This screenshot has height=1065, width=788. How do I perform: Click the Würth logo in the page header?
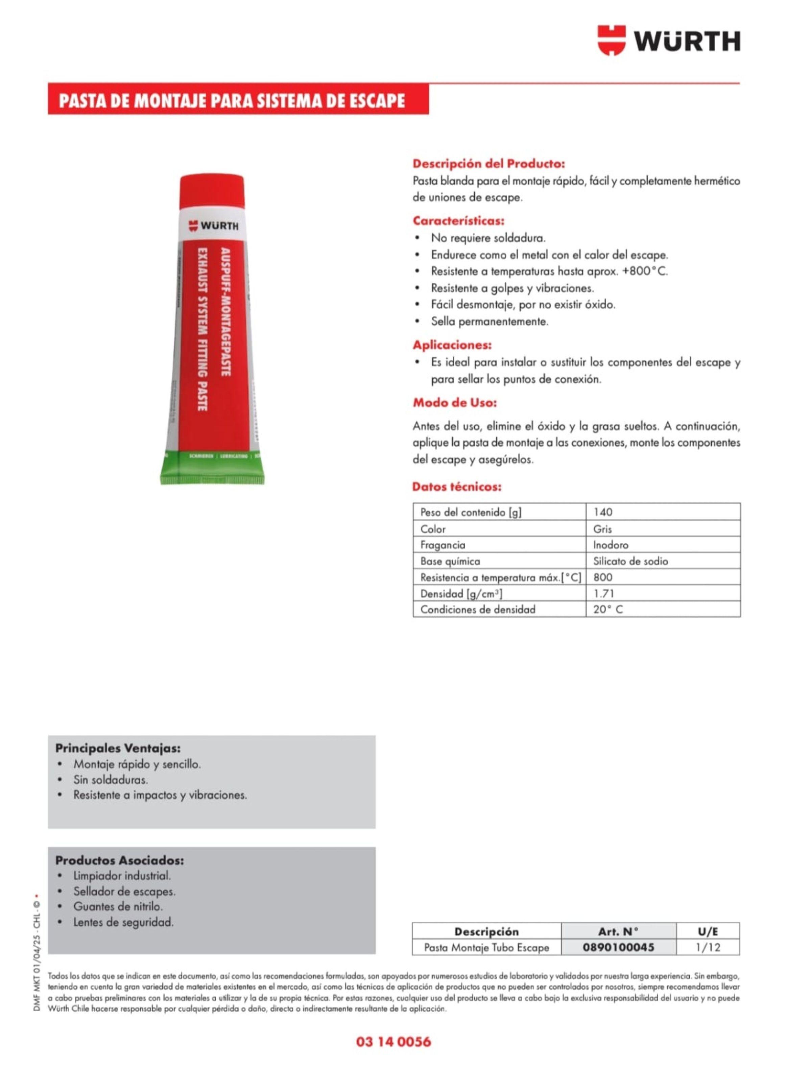(668, 41)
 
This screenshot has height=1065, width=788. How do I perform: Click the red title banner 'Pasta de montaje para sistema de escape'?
(232, 101)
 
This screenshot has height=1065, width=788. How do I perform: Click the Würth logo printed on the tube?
(213, 226)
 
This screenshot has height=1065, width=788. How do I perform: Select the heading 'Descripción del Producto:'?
(488, 164)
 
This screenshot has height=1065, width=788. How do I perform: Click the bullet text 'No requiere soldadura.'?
(488, 238)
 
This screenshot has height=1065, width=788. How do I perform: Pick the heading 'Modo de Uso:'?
(455, 403)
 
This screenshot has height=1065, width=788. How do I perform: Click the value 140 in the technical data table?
(603, 512)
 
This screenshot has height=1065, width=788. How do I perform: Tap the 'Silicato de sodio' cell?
(630, 561)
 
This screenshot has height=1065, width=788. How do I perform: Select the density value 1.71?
(603, 593)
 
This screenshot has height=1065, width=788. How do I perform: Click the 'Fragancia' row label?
(442, 545)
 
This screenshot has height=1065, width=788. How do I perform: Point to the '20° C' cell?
(608, 609)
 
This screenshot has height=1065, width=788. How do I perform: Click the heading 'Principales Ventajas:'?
(118, 748)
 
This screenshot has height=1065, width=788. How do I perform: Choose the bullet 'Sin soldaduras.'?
(110, 780)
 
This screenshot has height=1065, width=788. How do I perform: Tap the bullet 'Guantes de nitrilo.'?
(118, 906)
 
